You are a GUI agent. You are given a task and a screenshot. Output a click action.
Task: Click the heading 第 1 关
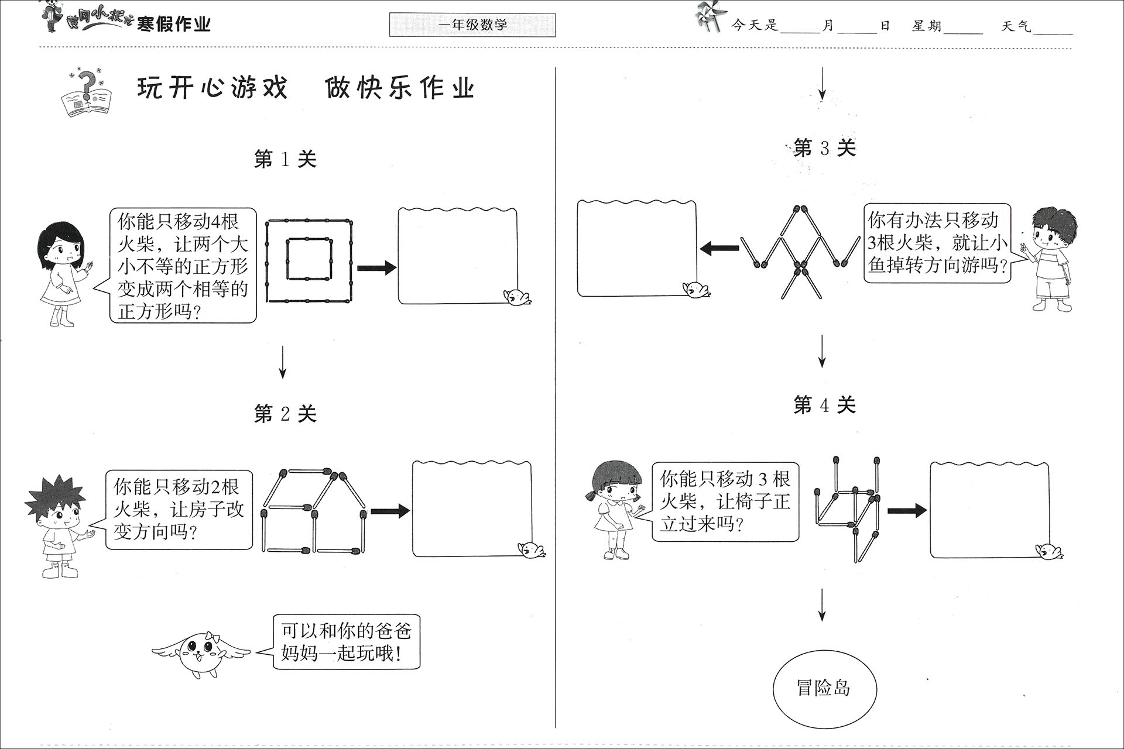coord(285,159)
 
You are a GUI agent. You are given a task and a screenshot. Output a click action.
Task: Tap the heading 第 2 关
coord(285,414)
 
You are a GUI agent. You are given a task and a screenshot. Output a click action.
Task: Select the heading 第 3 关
coord(824,148)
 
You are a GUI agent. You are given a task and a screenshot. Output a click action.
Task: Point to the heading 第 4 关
coord(824,404)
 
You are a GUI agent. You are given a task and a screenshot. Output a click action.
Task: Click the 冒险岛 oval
coord(824,688)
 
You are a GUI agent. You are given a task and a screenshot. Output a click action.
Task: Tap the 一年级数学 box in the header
coord(472,25)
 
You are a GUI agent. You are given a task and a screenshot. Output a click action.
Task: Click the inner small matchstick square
coord(309,259)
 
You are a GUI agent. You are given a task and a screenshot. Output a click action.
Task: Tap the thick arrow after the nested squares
coord(376,268)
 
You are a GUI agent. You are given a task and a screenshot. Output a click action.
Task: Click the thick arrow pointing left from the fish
coord(719,248)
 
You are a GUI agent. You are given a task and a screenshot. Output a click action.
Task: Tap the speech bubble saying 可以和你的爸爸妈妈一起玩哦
coord(347,642)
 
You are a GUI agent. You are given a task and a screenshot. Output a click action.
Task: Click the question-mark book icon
coord(85,94)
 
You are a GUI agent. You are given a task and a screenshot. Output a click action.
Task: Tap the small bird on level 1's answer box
coord(518,297)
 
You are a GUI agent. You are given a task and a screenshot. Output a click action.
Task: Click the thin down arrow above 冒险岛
coord(822,604)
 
